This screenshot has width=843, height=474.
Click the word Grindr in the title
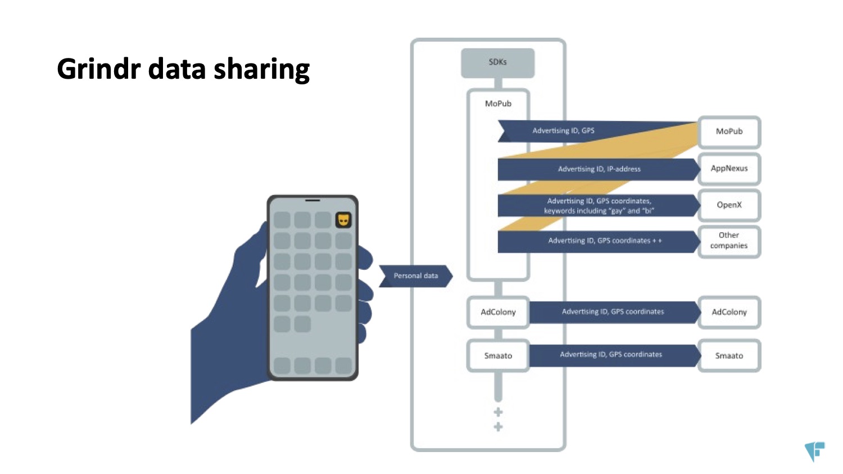coord(99,70)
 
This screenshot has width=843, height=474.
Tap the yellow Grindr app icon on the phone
coord(343,219)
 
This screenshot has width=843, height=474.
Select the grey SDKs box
coord(497,62)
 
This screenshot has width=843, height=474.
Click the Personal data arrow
coord(415,276)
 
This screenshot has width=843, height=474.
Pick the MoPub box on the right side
coord(729,132)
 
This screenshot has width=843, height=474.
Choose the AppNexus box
coord(729,169)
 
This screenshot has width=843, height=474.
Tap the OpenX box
coord(729,205)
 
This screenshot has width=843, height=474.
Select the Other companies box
coord(729,241)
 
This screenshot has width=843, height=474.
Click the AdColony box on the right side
coord(729,312)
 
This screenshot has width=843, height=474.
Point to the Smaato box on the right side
coord(729,355)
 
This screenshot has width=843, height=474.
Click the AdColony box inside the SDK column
coord(498,312)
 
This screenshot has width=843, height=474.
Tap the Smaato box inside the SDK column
coord(498,355)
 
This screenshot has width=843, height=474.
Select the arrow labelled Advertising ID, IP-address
coord(599,169)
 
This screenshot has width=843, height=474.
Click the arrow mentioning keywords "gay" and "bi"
coord(599,206)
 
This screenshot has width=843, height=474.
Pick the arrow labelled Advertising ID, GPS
coord(563,131)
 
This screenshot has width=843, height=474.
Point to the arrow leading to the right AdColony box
coord(613,312)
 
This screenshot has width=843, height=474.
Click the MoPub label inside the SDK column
coord(498,103)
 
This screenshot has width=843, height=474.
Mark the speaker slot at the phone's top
coord(312,200)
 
